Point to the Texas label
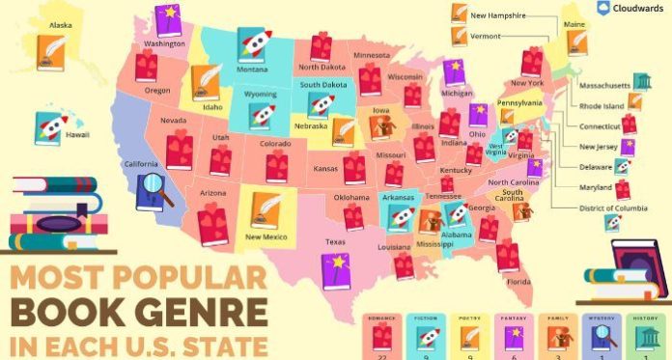(x=335, y=241)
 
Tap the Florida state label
(x=518, y=282)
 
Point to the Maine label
(x=573, y=23)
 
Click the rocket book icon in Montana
(x=253, y=44)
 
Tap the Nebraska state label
(x=311, y=125)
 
